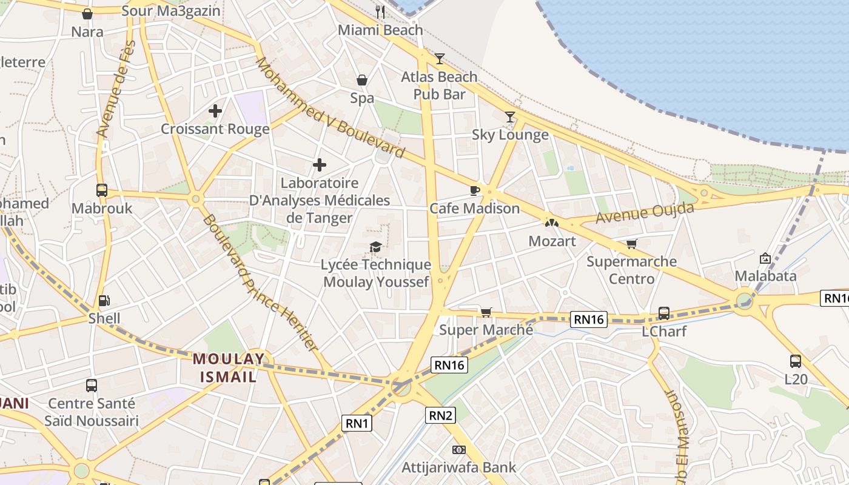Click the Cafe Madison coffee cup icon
(475, 190)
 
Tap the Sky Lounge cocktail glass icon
(510, 116)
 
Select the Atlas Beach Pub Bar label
(439, 85)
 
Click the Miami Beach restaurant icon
(380, 12)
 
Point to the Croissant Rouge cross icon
(215, 111)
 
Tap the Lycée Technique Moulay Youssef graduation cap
(376, 246)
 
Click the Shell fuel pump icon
(104, 300)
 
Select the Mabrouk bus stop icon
(102, 190)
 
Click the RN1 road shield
(357, 423)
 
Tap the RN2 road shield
(441, 415)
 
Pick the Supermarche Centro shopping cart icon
(632, 244)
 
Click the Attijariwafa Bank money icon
(459, 449)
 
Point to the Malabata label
(765, 276)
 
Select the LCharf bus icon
(664, 313)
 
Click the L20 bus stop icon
(796, 361)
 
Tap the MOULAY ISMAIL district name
(229, 367)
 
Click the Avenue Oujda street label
(645, 213)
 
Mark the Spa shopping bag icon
(362, 80)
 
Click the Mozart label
(552, 241)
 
